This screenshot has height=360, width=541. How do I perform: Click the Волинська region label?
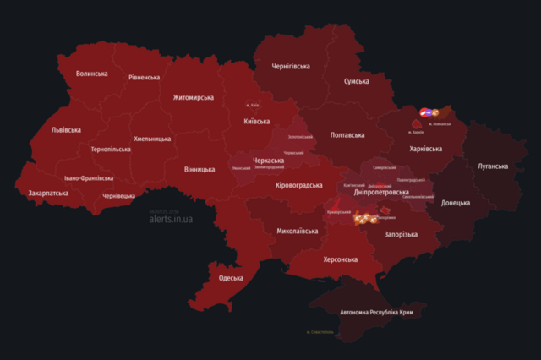click(x=91, y=74)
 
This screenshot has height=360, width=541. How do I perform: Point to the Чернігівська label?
click(x=302, y=65)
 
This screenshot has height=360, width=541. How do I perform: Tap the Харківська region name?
click(x=425, y=149)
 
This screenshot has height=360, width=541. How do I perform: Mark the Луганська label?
click(x=493, y=166)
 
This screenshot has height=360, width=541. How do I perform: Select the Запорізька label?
click(x=400, y=234)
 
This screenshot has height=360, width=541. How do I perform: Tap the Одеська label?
click(x=231, y=278)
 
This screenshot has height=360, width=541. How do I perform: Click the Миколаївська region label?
click(x=298, y=230)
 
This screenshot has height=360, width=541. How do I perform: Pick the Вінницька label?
click(x=199, y=169)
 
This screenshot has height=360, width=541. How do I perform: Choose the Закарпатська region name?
click(x=48, y=193)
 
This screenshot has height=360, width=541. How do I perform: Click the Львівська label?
click(x=66, y=130)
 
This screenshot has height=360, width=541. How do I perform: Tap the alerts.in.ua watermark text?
click(x=172, y=219)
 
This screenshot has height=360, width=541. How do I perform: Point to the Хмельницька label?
click(x=156, y=139)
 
